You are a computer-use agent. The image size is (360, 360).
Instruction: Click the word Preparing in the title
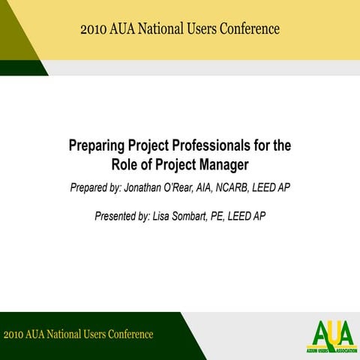tap(97, 145)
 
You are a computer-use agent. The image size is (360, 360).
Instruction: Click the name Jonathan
tap(155, 187)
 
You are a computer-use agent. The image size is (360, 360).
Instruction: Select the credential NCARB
tap(244, 187)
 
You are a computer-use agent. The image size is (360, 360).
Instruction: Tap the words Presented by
tap(121, 216)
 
